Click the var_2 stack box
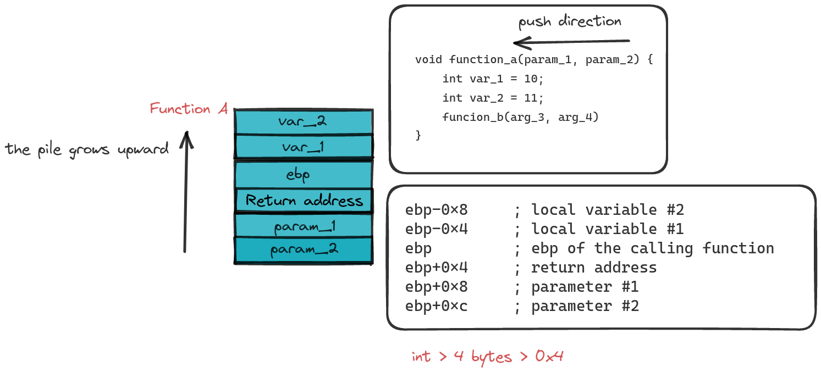tap(304, 122)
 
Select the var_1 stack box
tap(304, 147)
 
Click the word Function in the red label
tap(180, 109)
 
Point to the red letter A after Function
tap(223, 109)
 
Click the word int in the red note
tap(421, 357)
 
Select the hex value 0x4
tap(549, 357)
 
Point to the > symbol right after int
tap(443, 357)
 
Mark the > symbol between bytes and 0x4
tap(524, 357)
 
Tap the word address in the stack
tap(334, 201)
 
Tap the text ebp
tap(298, 175)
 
